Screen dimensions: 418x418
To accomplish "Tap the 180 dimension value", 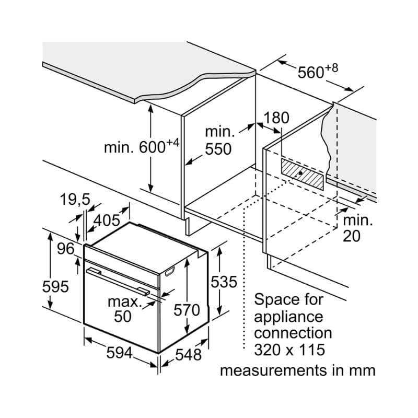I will click(x=276, y=118).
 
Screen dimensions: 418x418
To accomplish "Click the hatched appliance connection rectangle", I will click(x=303, y=174).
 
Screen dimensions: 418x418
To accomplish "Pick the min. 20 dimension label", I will click(x=357, y=228).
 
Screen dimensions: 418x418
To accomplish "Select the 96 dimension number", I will click(x=66, y=249).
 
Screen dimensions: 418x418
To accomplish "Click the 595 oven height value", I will click(x=56, y=287).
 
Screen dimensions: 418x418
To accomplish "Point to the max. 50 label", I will click(x=125, y=309).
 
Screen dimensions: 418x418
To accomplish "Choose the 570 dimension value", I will click(x=187, y=310).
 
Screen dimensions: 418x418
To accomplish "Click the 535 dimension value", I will click(x=224, y=282).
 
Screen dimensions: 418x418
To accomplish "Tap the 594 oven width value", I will click(x=120, y=353).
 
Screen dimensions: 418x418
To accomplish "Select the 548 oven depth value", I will click(x=188, y=355).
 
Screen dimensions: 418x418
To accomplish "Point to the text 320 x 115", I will click(x=289, y=350).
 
